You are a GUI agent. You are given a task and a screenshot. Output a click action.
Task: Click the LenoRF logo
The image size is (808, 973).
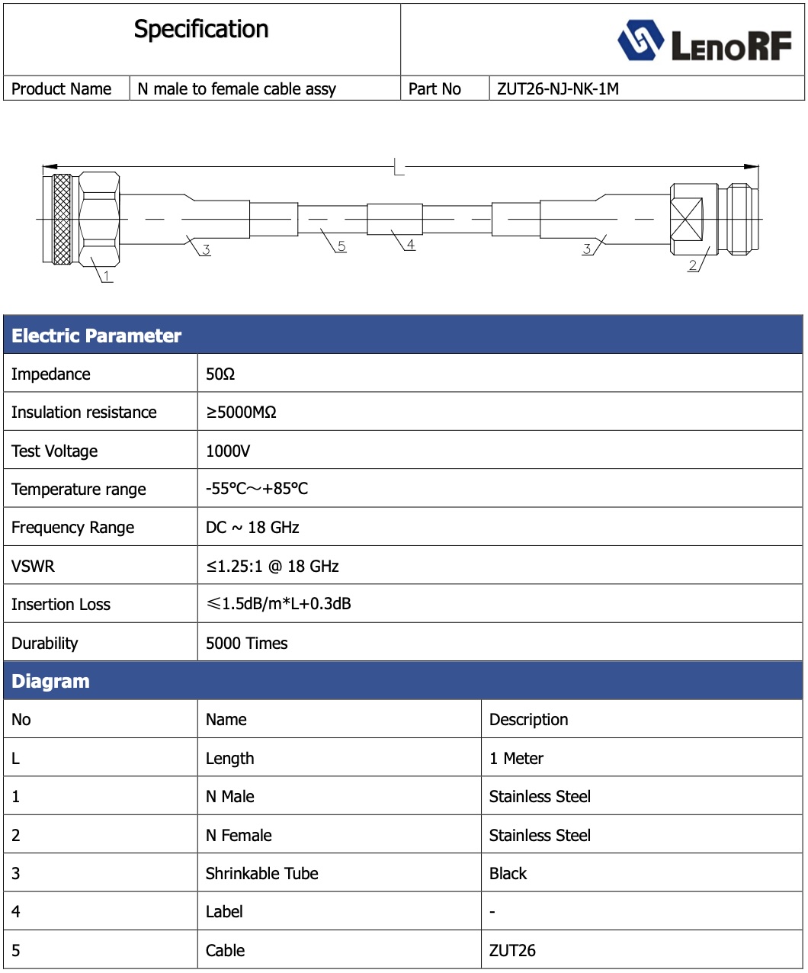704,41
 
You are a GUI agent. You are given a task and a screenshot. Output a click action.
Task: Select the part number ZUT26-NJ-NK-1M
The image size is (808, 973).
557,89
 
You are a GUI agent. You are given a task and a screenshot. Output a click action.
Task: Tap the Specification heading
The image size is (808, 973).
201,30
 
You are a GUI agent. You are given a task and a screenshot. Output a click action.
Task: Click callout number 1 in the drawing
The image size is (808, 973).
107,275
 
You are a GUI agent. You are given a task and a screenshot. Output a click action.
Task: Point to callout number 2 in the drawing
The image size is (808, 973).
692,265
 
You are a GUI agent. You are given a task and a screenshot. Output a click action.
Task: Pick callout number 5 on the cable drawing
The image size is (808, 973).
341,246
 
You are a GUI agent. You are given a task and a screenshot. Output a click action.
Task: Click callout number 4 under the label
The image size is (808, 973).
410,245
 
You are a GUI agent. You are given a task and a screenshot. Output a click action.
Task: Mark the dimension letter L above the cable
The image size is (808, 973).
399,166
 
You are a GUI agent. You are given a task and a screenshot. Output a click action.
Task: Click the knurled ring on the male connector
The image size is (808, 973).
62,220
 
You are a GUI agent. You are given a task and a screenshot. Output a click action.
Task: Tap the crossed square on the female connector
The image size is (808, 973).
685,220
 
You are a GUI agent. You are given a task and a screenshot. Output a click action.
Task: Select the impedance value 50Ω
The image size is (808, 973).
220,374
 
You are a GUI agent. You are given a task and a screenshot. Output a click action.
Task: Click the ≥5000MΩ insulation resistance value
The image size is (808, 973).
241,413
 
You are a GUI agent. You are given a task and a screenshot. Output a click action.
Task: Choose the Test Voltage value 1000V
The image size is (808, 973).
228,451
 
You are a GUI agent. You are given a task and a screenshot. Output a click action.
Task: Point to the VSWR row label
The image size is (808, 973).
34,567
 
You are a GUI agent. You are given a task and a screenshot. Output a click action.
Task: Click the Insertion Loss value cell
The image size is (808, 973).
279,604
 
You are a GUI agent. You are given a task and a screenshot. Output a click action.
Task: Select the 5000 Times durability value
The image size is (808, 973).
247,644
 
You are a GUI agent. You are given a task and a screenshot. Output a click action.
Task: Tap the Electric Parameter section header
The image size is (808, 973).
97,336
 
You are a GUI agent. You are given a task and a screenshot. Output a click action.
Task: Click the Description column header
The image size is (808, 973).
528,720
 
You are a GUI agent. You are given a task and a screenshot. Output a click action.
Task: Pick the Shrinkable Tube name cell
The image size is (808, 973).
262,874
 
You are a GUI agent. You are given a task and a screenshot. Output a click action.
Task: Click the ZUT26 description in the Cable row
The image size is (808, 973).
512,951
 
